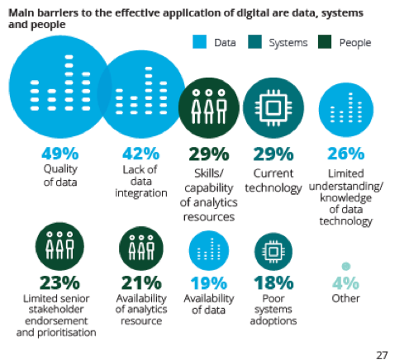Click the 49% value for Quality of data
point(60,154)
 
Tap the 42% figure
point(140,154)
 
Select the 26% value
point(346,154)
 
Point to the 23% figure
point(59,282)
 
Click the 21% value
point(141,282)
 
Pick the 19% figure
point(209,283)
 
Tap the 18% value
point(273,282)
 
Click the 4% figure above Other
point(345,283)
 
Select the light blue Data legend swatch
point(199,42)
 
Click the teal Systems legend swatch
point(254,42)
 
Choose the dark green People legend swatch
point(325,42)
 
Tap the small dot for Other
point(346,266)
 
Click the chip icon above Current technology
point(273,107)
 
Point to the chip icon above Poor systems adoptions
point(273,251)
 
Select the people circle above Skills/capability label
point(209,107)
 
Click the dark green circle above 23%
point(59,246)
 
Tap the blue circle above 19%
point(209,251)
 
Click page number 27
point(382,355)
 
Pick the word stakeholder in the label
point(56,310)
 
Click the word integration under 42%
point(141,193)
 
